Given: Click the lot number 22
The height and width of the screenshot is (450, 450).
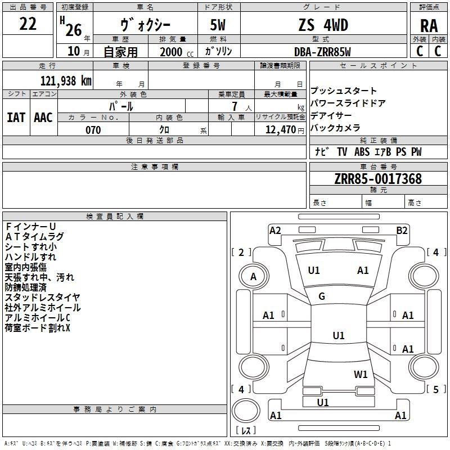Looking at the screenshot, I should pos(28,24).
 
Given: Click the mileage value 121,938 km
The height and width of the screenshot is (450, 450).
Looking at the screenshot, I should pos(66,80).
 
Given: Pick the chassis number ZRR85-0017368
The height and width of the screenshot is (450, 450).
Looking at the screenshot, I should pos(377,179).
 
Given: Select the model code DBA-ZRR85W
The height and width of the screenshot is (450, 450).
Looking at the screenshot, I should pos(322,52).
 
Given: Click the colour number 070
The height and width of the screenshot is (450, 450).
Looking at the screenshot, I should pos(93,130).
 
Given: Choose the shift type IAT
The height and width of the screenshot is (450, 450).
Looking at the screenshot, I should pos(16,117).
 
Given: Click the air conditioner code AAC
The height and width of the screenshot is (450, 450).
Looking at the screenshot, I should pos(43,117).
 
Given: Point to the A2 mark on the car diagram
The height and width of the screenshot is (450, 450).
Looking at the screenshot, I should pos(275,230).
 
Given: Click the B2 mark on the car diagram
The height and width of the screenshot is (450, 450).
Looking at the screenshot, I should pos(402,230).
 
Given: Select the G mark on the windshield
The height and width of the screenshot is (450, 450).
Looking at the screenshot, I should pos(322,296).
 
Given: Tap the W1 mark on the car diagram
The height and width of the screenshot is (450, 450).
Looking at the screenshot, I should pos(361,374).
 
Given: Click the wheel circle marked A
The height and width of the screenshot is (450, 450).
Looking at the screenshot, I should pos(253,276).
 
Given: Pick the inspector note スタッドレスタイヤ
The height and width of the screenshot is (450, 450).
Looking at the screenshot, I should pos(43,297).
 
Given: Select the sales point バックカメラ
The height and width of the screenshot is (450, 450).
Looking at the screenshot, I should pos(335,128).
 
